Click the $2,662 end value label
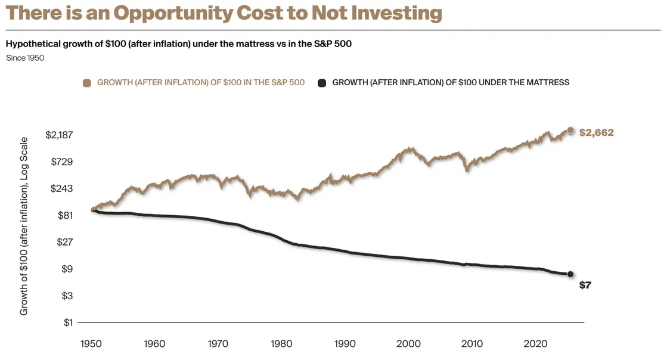pos(596,133)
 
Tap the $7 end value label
pos(585,285)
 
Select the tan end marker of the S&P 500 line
pos(570,130)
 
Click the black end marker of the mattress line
pos(570,274)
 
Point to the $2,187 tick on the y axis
pos(59,135)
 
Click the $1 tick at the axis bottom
pos(68,323)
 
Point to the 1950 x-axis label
pos(92,344)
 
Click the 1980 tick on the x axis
pos(282,344)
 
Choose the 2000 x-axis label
pos(409,344)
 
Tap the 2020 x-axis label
pos(535,344)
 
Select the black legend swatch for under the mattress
pos(322,83)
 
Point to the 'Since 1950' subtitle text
pos(25,58)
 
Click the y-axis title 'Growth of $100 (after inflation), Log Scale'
pos(24,226)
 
